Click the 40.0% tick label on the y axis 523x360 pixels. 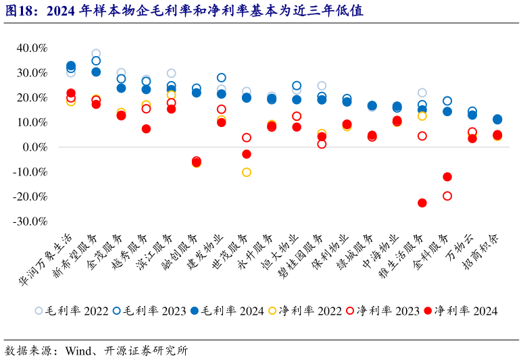[x=31, y=48]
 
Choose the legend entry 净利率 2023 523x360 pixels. [x=382, y=311]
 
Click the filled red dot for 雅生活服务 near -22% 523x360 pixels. [x=422, y=203]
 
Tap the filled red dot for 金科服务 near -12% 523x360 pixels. [x=447, y=177]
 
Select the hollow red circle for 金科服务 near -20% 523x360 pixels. [x=447, y=196]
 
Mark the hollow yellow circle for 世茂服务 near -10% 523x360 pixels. [x=247, y=172]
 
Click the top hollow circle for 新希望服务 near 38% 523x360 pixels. [x=96, y=53]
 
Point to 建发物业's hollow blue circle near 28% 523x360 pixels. [x=222, y=78]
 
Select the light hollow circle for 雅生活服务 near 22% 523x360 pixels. [x=422, y=93]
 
